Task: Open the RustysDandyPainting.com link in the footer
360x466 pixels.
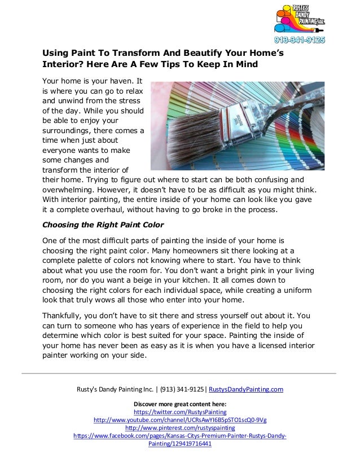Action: [246, 389]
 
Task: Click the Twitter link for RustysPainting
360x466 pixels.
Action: [180, 412]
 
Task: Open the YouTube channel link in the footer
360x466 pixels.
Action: [180, 420]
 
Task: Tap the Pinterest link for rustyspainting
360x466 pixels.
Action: [180, 428]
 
